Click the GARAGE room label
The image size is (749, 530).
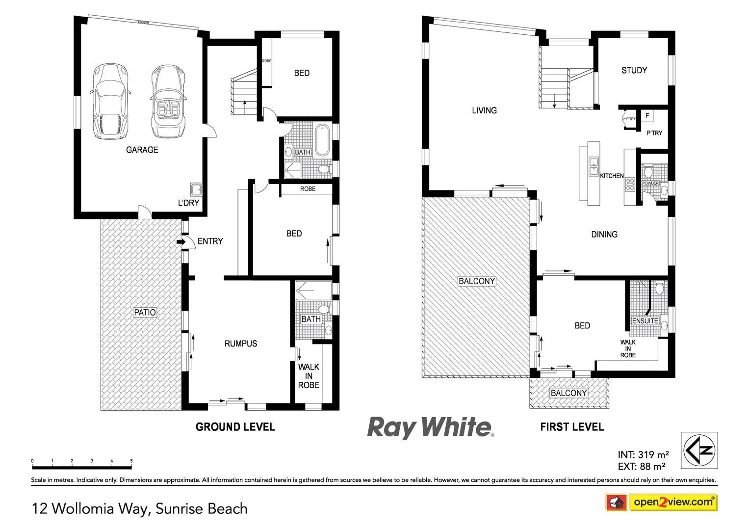[x=142, y=150]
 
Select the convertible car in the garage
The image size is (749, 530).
[x=169, y=102]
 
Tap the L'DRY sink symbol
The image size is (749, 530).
[x=196, y=189]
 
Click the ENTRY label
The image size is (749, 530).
[x=210, y=241]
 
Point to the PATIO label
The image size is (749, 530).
[x=145, y=312]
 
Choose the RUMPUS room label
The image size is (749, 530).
[x=240, y=344]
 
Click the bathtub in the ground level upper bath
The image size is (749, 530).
[x=322, y=140]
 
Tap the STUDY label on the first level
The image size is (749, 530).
[x=634, y=70]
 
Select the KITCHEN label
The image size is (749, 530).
[x=612, y=176]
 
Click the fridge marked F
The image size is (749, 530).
[x=647, y=116]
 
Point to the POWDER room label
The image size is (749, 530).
[x=650, y=183]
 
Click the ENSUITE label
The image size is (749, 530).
[x=645, y=321]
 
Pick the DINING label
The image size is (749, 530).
[x=604, y=235]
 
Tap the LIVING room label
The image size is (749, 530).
[x=484, y=110]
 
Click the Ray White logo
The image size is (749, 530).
[x=430, y=427]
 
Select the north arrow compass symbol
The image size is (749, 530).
[x=699, y=450]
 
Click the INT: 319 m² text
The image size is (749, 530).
[x=643, y=454]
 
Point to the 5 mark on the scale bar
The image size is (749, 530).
[x=131, y=461]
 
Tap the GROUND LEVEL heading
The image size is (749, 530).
[x=235, y=427]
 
